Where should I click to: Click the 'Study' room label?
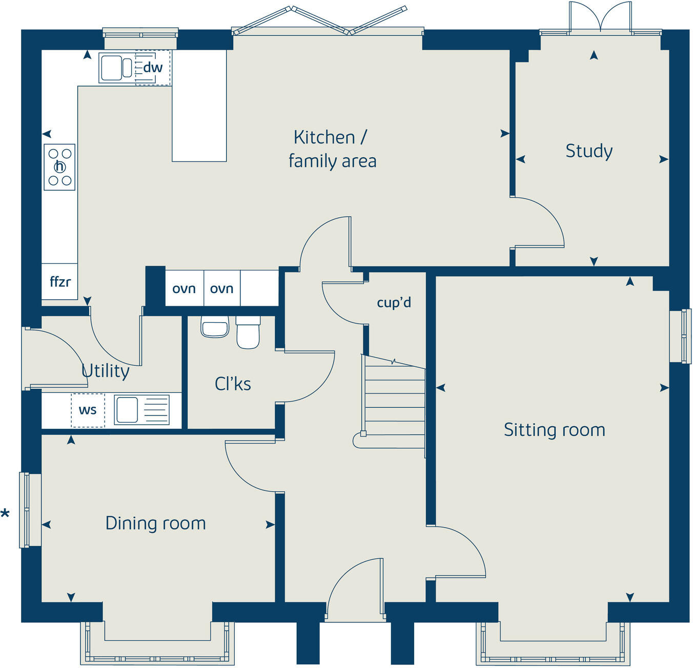pos(589,151)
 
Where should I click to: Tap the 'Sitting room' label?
pos(554,430)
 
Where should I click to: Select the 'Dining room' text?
pos(155,523)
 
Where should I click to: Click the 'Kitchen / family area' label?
pos(332,149)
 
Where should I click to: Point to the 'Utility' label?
pos(106,370)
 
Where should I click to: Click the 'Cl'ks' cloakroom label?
pos(233,384)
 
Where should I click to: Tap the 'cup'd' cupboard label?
pos(394,302)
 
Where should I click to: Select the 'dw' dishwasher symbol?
pos(153,68)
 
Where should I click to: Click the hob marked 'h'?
pos(60,167)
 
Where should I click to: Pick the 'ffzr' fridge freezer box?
pos(60,282)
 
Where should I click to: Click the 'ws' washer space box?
pos(88,410)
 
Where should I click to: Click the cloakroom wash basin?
pos(215,327)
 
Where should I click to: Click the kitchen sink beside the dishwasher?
pos(116,68)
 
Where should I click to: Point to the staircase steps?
pos(394,400)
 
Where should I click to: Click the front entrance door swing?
pos(355,589)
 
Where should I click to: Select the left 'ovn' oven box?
pos(184,289)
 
